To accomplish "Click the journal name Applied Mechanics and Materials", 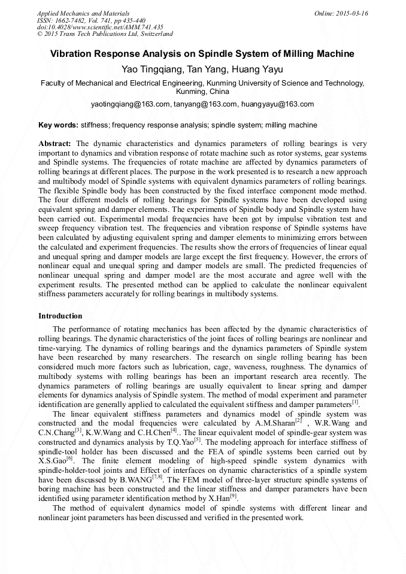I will pos(83,13).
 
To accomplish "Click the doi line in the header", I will pos(100,28).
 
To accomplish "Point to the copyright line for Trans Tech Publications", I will pos(105,34).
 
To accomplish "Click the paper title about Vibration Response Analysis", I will pos(202,54).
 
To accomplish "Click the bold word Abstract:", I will pos(55,144).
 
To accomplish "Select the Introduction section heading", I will pos(60,315).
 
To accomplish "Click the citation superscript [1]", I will pos(355,402).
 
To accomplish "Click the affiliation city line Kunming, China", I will pos(202,92).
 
